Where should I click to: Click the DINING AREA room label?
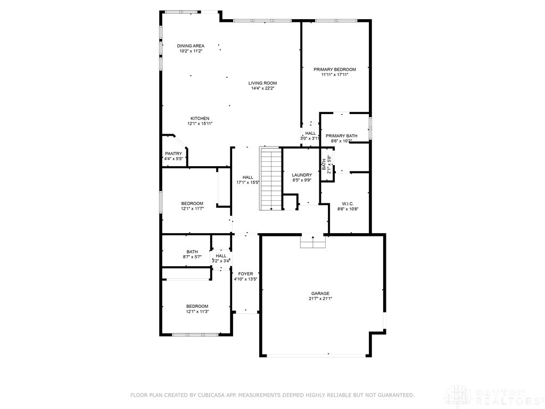(191, 46)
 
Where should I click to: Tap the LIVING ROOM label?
(262, 83)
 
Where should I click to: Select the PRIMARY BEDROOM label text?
(334, 69)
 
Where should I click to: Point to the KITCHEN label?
(200, 118)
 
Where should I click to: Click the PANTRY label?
(173, 153)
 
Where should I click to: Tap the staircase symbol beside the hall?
(270, 178)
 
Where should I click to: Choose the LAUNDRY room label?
(302, 175)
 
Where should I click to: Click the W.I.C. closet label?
(348, 203)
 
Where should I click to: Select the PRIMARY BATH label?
(341, 136)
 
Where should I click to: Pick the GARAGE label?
(320, 293)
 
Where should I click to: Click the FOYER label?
(245, 274)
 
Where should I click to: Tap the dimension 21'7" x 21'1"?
(320, 299)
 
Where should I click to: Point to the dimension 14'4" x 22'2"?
(262, 89)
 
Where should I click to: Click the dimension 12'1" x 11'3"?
(197, 312)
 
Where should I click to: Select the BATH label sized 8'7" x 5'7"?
(192, 252)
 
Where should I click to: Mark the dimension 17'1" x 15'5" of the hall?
(248, 183)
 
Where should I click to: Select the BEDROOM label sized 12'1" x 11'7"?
(192, 203)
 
